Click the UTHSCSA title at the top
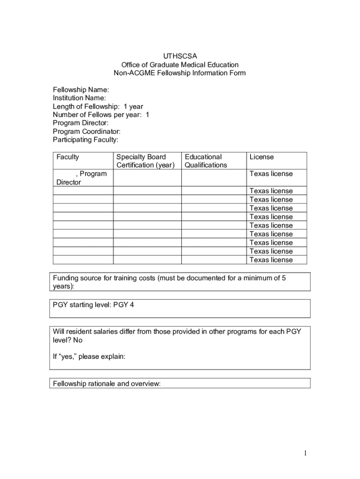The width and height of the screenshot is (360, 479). pyautogui.click(x=180, y=56)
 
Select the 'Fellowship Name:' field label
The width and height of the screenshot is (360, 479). pyautogui.click(x=81, y=89)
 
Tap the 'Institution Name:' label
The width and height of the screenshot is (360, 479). pyautogui.click(x=79, y=98)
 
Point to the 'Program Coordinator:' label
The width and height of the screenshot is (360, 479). pyautogui.click(x=86, y=131)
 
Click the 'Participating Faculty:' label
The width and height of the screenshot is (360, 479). pyautogui.click(x=86, y=140)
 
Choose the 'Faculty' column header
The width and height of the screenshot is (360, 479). pyautogui.click(x=68, y=157)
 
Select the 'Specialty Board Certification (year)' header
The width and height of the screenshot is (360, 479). pyautogui.click(x=145, y=161)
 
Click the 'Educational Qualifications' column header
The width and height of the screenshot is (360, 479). pyautogui.click(x=206, y=161)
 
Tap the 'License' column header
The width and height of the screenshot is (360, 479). pyautogui.click(x=262, y=157)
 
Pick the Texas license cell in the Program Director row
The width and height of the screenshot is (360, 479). pyautogui.click(x=271, y=174)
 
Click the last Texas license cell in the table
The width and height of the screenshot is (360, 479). pyautogui.click(x=271, y=260)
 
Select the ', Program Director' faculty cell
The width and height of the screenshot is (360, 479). pyautogui.click(x=82, y=178)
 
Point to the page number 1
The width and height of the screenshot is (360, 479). pyautogui.click(x=304, y=453)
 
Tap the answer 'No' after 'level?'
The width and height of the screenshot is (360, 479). pyautogui.click(x=78, y=340)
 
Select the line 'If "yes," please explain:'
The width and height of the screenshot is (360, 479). pyautogui.click(x=89, y=357)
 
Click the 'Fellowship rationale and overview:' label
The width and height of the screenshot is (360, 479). pyautogui.click(x=107, y=384)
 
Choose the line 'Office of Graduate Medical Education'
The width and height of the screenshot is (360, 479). pyautogui.click(x=180, y=65)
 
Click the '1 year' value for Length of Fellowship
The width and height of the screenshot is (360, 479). pyautogui.click(x=133, y=106)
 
